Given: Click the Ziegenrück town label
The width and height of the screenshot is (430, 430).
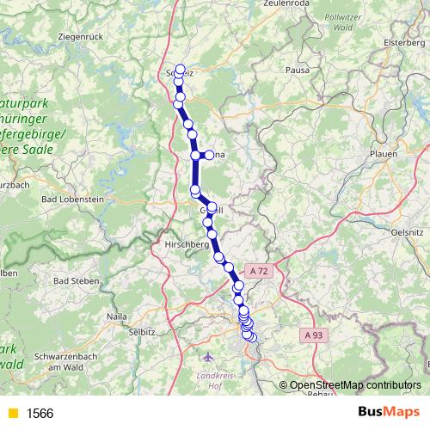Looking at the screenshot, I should click(x=79, y=37).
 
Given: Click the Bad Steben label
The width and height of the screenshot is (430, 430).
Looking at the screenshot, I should click(x=75, y=280).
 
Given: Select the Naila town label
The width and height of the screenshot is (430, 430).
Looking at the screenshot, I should click(x=117, y=316).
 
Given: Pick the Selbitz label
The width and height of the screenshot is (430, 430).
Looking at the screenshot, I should click(x=140, y=331).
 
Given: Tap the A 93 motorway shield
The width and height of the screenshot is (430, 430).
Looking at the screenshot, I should click(x=313, y=335).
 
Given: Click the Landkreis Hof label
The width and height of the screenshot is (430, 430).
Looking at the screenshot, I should click(x=216, y=378).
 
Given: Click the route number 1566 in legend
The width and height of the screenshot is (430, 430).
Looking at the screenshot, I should click(x=40, y=413).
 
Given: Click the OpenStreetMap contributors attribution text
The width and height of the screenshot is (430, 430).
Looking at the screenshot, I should click(x=353, y=385).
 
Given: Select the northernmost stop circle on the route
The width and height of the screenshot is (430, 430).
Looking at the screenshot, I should click(x=180, y=69).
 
